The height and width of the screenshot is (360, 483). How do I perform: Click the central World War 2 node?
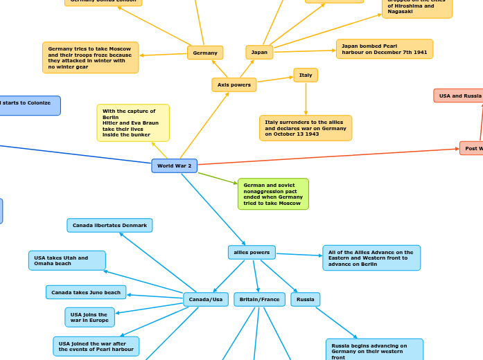(x=174, y=166)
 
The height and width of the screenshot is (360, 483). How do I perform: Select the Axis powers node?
(x=234, y=84)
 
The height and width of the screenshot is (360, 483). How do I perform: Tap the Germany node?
(x=205, y=53)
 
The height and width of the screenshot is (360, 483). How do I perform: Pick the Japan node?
(x=259, y=52)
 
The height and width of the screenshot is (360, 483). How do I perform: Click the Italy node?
(x=306, y=75)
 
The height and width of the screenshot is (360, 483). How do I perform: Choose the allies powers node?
(x=252, y=252)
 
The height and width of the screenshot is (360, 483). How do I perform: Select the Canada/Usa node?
(x=206, y=300)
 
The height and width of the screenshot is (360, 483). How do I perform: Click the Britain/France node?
(x=260, y=300)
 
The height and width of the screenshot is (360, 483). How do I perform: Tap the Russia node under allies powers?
(x=306, y=300)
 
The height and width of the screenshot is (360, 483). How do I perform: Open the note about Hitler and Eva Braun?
(x=133, y=123)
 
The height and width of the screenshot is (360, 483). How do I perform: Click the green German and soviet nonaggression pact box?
(x=273, y=194)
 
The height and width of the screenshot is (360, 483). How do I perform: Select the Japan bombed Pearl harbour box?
(x=385, y=49)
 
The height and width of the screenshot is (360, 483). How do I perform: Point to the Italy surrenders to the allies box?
(x=306, y=128)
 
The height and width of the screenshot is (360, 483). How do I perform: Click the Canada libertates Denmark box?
(x=109, y=226)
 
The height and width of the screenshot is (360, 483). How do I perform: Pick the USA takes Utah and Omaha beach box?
(x=67, y=260)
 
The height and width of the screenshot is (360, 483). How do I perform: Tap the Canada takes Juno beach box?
(x=86, y=292)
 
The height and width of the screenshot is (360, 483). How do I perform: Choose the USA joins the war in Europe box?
(x=89, y=317)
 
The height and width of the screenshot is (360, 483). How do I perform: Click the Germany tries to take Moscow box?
(x=90, y=57)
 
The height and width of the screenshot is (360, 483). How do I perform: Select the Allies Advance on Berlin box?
(x=371, y=258)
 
